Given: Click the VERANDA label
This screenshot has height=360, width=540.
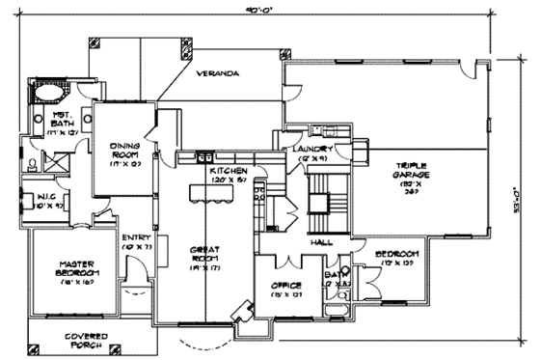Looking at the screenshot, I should [x=220, y=73].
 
